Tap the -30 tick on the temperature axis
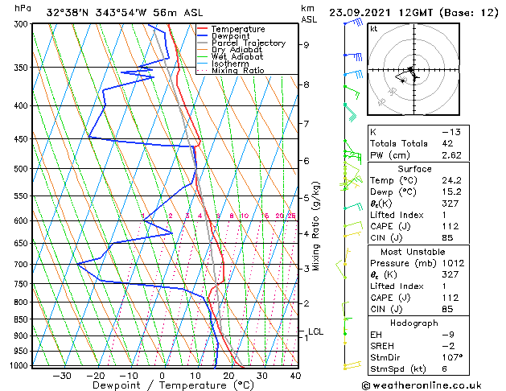point(62,376)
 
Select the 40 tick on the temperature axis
point(295,376)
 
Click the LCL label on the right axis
point(315,331)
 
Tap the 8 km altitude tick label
point(306,84)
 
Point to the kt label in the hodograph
point(373,28)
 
